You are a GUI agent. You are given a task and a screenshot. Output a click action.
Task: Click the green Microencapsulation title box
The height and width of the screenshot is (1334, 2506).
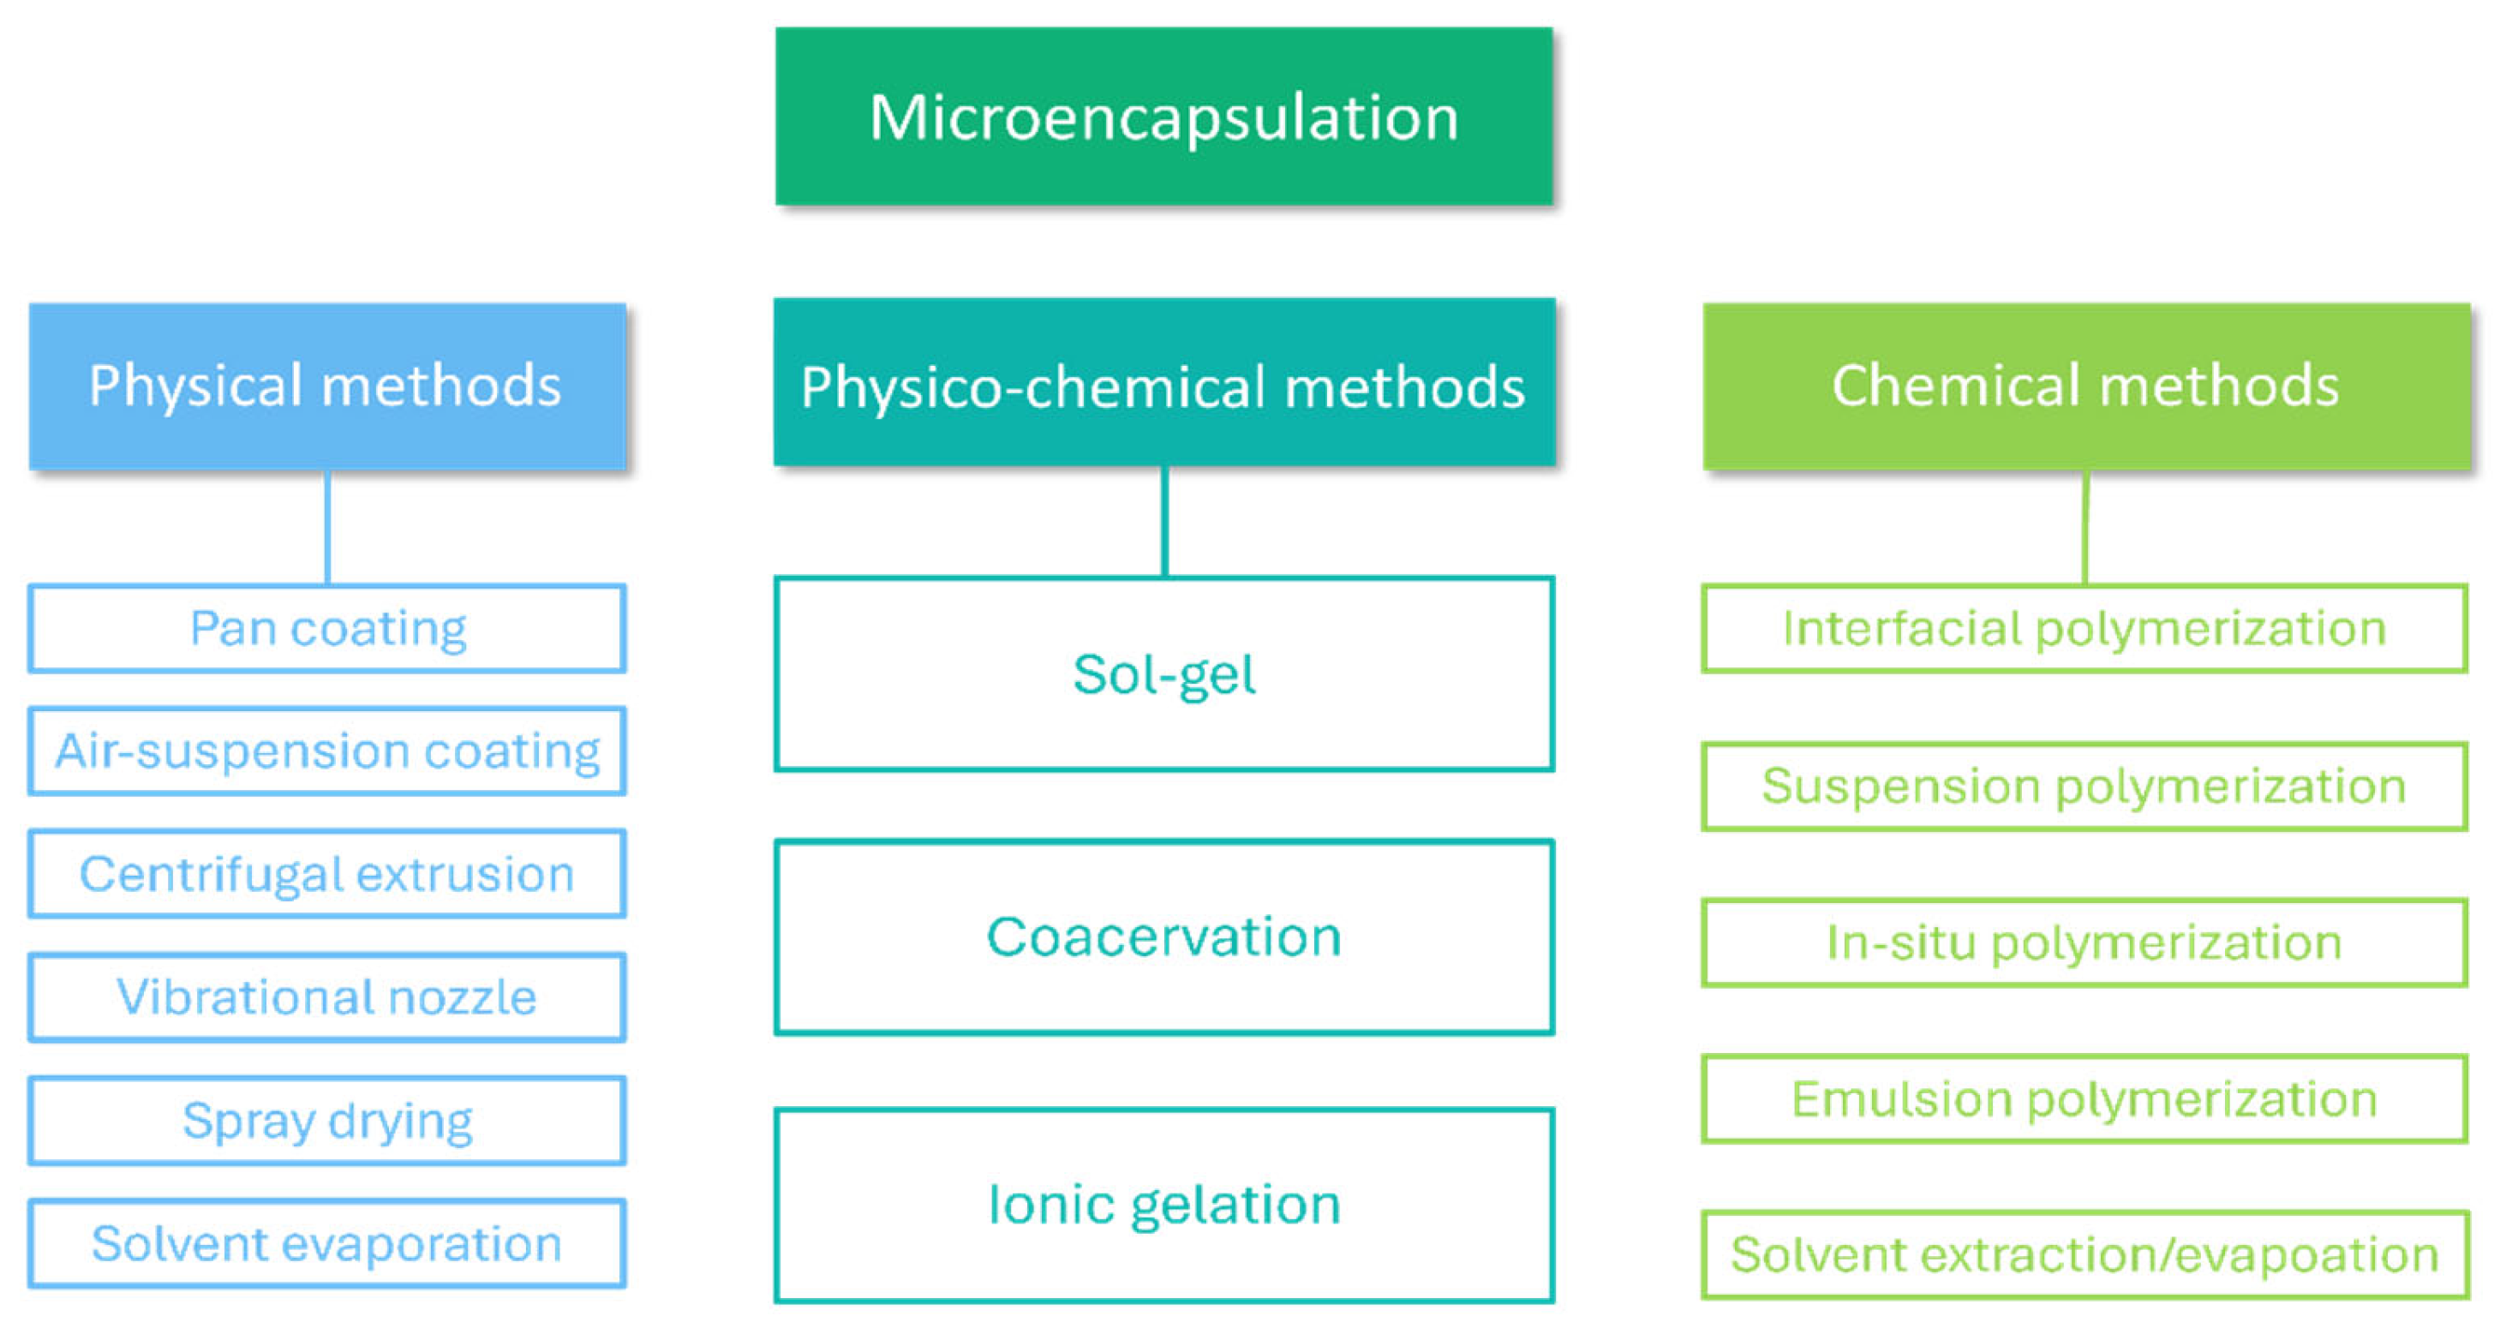[x=1163, y=117]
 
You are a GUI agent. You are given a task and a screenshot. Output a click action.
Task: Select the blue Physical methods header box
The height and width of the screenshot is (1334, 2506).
[x=327, y=386]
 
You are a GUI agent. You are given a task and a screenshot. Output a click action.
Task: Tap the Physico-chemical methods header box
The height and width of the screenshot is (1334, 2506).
[x=1163, y=382]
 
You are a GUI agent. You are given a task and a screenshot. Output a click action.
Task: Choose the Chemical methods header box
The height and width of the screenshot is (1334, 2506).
[x=2085, y=386]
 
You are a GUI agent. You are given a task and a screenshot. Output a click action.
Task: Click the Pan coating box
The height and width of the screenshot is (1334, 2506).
[x=327, y=629]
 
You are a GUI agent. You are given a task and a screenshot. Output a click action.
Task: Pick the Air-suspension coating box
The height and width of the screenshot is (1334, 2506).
[x=327, y=751]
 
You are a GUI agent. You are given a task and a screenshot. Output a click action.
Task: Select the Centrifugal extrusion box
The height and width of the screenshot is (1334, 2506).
[x=327, y=874]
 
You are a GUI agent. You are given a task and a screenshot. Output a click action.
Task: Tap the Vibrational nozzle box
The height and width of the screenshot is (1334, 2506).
[x=327, y=997]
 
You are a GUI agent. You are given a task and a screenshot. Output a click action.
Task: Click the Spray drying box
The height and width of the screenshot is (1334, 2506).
[x=327, y=1120]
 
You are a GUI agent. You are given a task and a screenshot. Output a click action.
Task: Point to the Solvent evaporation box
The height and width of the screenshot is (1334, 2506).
[x=327, y=1243]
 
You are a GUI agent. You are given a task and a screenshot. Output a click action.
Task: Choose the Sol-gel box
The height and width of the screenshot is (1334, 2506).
[x=1163, y=674]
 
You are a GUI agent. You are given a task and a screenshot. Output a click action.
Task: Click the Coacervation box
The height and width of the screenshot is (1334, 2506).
[x=1163, y=937]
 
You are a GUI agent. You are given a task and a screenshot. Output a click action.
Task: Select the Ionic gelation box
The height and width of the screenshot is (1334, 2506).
[x=1163, y=1205]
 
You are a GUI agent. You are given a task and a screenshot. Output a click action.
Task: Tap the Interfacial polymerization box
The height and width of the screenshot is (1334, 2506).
[x=2084, y=629]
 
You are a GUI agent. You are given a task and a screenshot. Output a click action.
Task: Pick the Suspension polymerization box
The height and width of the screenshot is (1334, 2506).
[x=2084, y=787]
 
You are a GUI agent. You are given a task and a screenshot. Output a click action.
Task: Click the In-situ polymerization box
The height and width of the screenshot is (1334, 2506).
[x=2084, y=942]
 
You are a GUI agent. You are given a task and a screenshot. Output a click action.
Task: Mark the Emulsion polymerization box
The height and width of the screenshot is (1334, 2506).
[x=2084, y=1099]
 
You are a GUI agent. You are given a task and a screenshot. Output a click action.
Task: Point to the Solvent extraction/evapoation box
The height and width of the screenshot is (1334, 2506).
[x=2084, y=1255]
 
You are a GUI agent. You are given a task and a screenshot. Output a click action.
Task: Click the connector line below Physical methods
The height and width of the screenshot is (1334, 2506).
[x=328, y=528]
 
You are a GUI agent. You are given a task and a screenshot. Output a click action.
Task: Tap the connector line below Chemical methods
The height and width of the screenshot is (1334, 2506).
[x=2084, y=528]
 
